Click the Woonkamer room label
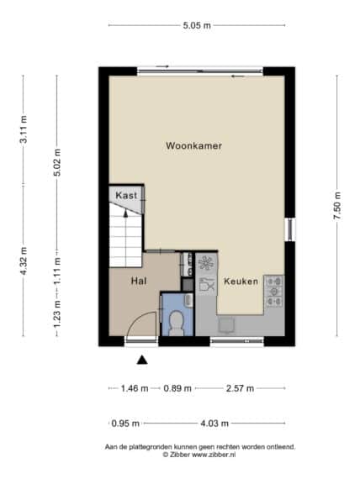pos(193,145)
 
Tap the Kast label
pos(126,195)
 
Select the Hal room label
pos(139,281)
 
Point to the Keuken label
pos(241,281)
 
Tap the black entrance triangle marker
pos(142,361)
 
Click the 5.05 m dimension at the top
pos(197,25)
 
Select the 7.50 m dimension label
pos(337,206)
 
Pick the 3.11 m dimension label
pos(24,129)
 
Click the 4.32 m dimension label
pos(24,261)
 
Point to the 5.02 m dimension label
pos(57,162)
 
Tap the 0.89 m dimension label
pos(177,388)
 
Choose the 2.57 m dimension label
pos(240,388)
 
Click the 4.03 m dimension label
pos(214,424)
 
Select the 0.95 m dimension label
pos(125,424)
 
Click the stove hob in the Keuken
pos(274,291)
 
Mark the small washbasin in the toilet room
pos(188,300)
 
